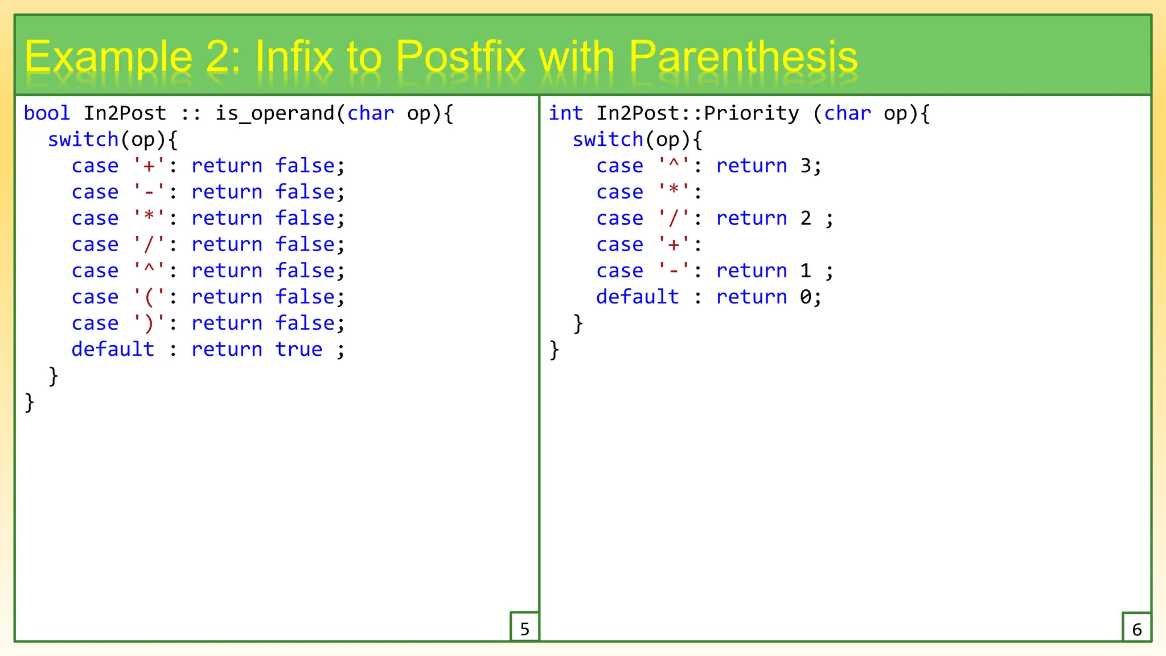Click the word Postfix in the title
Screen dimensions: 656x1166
point(460,57)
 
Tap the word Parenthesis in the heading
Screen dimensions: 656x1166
point(743,57)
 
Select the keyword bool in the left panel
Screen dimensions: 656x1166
point(47,113)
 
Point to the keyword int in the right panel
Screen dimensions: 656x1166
point(565,113)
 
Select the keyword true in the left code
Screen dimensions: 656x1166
point(298,349)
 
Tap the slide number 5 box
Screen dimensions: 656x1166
point(524,628)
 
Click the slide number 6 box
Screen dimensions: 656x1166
point(1136,628)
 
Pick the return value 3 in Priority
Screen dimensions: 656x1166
point(806,166)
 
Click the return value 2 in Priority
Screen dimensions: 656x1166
point(806,218)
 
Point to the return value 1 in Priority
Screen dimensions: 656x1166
point(806,270)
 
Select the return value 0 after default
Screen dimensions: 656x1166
point(806,297)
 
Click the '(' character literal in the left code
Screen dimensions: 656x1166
point(149,297)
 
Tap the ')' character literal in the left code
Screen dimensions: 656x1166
point(149,323)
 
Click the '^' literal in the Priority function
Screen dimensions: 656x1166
point(674,166)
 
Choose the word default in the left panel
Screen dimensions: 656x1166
point(113,349)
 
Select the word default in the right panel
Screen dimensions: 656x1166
point(638,297)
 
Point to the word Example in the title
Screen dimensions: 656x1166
point(109,57)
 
